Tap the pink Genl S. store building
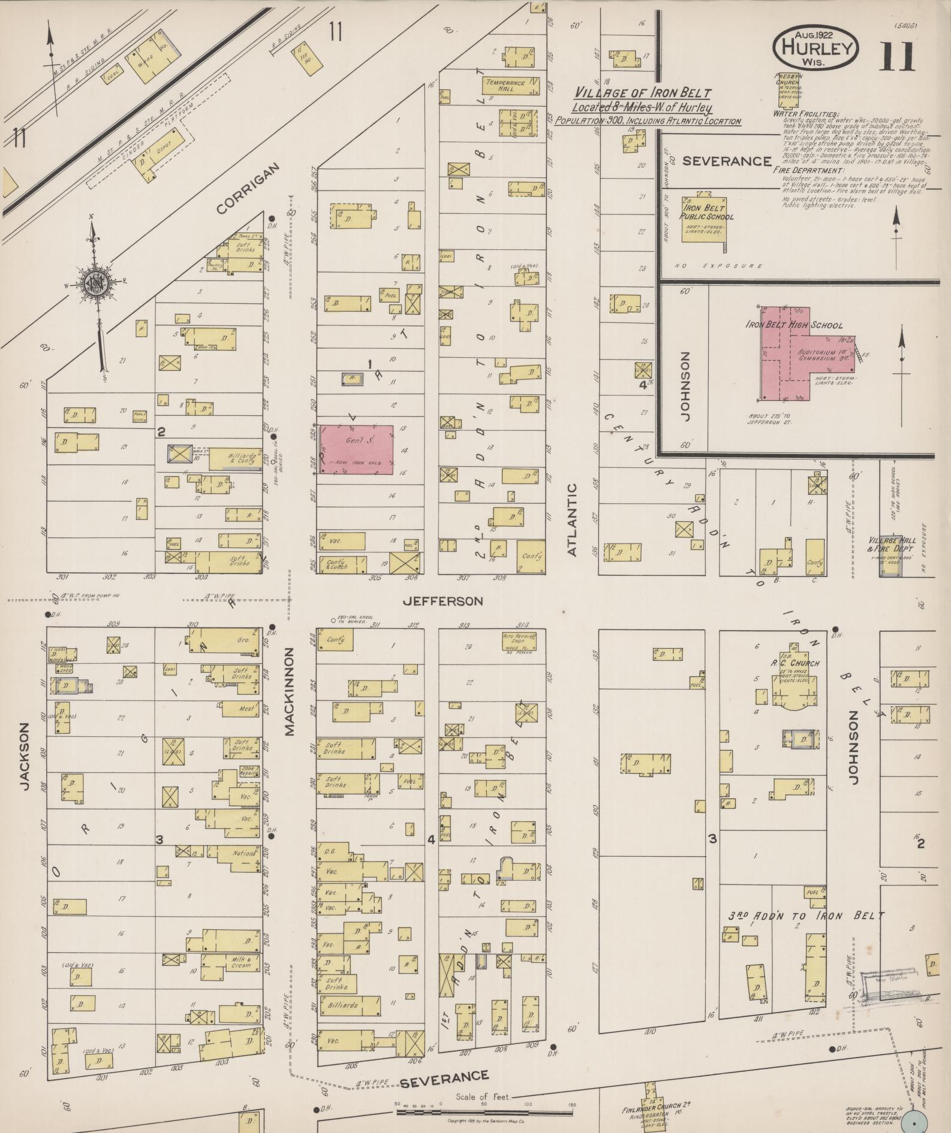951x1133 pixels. (x=356, y=449)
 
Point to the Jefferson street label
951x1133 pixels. (x=443, y=601)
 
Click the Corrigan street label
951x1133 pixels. (x=248, y=188)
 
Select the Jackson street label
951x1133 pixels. (x=25, y=756)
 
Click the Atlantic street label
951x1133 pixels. (x=571, y=520)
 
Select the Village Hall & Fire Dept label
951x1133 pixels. (x=890, y=544)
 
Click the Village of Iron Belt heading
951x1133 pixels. (x=642, y=93)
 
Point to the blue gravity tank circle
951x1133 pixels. (x=915, y=1120)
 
